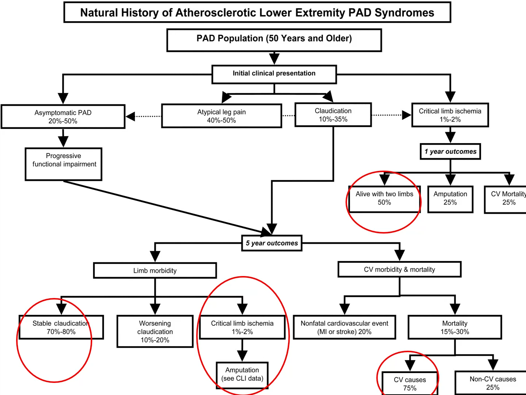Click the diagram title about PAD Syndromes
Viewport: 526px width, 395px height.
click(x=257, y=12)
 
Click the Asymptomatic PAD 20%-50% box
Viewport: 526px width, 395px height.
click(x=63, y=117)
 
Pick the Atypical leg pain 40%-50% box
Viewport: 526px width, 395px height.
click(x=221, y=116)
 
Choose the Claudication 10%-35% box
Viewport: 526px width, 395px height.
click(x=333, y=115)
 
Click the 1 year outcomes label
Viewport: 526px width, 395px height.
click(x=450, y=152)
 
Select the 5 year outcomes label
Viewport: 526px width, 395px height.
click(x=272, y=243)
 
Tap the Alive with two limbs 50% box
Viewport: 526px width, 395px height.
click(x=384, y=199)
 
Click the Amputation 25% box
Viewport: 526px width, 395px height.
click(x=450, y=199)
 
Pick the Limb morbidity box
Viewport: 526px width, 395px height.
click(x=155, y=271)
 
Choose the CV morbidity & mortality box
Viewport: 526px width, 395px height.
click(x=399, y=269)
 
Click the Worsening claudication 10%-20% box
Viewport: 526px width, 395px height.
click(x=155, y=331)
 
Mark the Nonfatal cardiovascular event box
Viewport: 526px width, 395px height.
click(x=344, y=327)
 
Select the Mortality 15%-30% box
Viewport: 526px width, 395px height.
click(x=455, y=327)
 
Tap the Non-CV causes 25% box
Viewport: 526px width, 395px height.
click(x=492, y=383)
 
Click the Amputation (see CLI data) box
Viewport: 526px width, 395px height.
click(x=242, y=374)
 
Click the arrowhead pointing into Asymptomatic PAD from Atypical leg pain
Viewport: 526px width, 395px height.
click(x=130, y=116)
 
